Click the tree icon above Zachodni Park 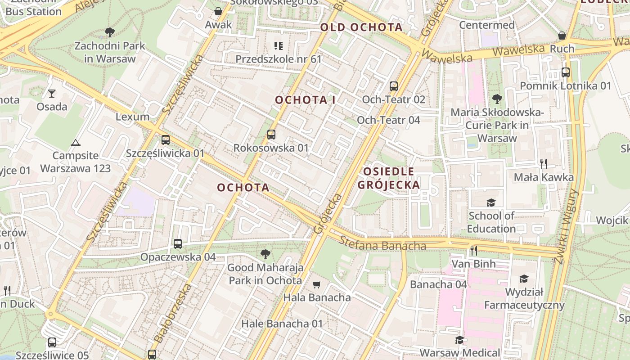coord(109,32)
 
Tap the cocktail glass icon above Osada coord(52,94)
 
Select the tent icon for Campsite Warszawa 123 coord(75,143)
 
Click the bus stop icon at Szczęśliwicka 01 coord(165,140)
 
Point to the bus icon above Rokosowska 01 coord(271,134)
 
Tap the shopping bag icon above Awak coord(218,11)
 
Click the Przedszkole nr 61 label coord(279,59)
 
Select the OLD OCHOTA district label coord(361,27)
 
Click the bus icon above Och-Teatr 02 coord(394,86)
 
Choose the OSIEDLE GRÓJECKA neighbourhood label coord(388,178)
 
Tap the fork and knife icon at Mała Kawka coord(544,163)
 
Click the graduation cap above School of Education coord(490,202)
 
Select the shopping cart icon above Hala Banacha coord(316,284)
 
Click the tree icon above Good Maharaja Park coord(265,254)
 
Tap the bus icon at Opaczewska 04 coord(178,244)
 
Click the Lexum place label coord(132,117)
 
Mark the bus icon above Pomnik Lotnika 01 coord(566,72)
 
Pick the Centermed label coord(486,25)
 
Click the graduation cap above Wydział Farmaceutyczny coord(524,279)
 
